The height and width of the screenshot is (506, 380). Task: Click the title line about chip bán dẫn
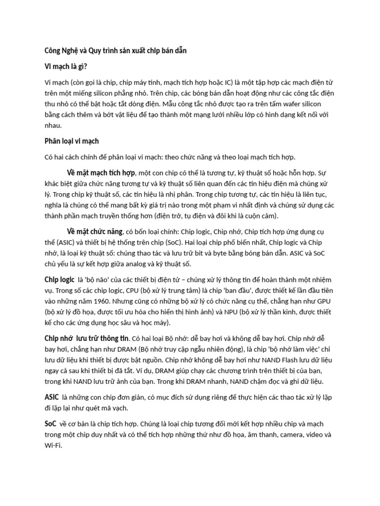(116, 50)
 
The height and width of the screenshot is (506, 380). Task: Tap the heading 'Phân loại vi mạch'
(72, 141)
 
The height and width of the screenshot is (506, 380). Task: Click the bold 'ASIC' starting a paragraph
(51, 397)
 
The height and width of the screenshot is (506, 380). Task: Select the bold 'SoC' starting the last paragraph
(50, 424)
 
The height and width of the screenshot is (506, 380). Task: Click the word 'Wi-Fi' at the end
(53, 446)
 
